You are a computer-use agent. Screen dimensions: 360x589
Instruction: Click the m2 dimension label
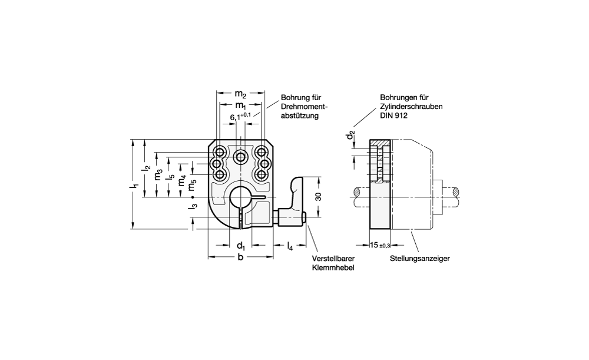(240, 94)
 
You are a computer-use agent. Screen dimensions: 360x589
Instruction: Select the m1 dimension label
(240, 105)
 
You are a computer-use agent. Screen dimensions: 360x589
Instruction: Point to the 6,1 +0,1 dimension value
(240, 117)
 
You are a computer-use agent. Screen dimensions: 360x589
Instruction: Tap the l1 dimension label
(135, 187)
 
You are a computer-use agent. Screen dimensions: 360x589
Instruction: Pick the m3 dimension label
(158, 176)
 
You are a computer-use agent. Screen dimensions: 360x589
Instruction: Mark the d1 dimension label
(240, 245)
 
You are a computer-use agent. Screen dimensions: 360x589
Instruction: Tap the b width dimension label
(240, 257)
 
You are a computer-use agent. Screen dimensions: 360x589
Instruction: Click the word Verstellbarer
(333, 258)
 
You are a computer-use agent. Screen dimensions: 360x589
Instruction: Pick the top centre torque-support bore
(240, 156)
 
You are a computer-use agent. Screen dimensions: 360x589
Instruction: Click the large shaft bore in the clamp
(240, 197)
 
